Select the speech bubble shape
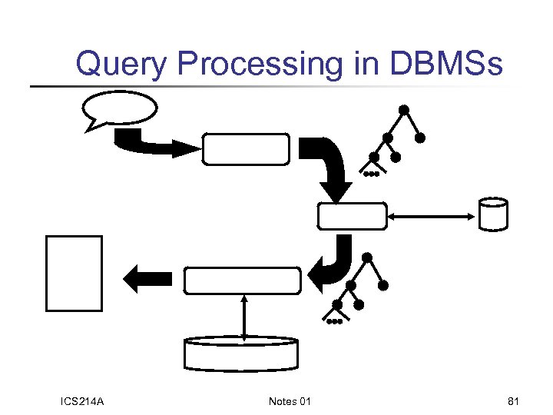point(119,109)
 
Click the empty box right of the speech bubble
point(246,148)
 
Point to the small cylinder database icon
point(492,214)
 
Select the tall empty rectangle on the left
point(74,273)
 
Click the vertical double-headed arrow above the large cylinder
point(243,316)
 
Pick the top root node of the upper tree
point(403,110)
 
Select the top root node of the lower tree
point(367,257)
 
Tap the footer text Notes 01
point(290,401)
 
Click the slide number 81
point(514,401)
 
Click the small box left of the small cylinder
point(353,216)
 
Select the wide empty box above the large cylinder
point(241,281)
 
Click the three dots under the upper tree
point(371,174)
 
